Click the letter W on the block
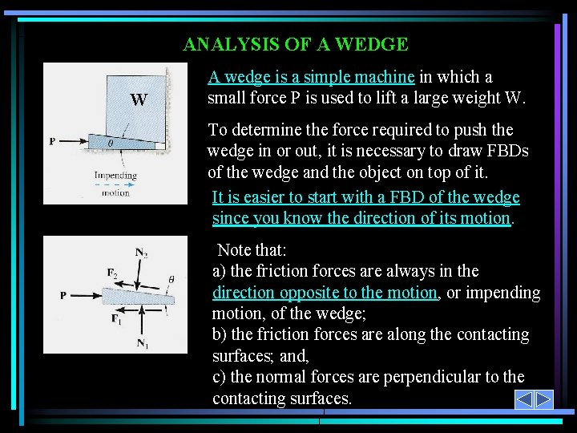(139, 100)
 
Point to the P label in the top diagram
(52, 141)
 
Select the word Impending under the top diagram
(115, 175)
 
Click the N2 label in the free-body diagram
(141, 253)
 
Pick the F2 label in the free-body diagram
(113, 273)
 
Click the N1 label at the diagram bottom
(142, 345)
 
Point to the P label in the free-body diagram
(63, 295)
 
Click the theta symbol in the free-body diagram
(171, 279)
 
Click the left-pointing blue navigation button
(523, 399)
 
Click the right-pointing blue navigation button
(544, 399)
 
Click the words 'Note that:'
(251, 250)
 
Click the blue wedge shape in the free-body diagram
(136, 299)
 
